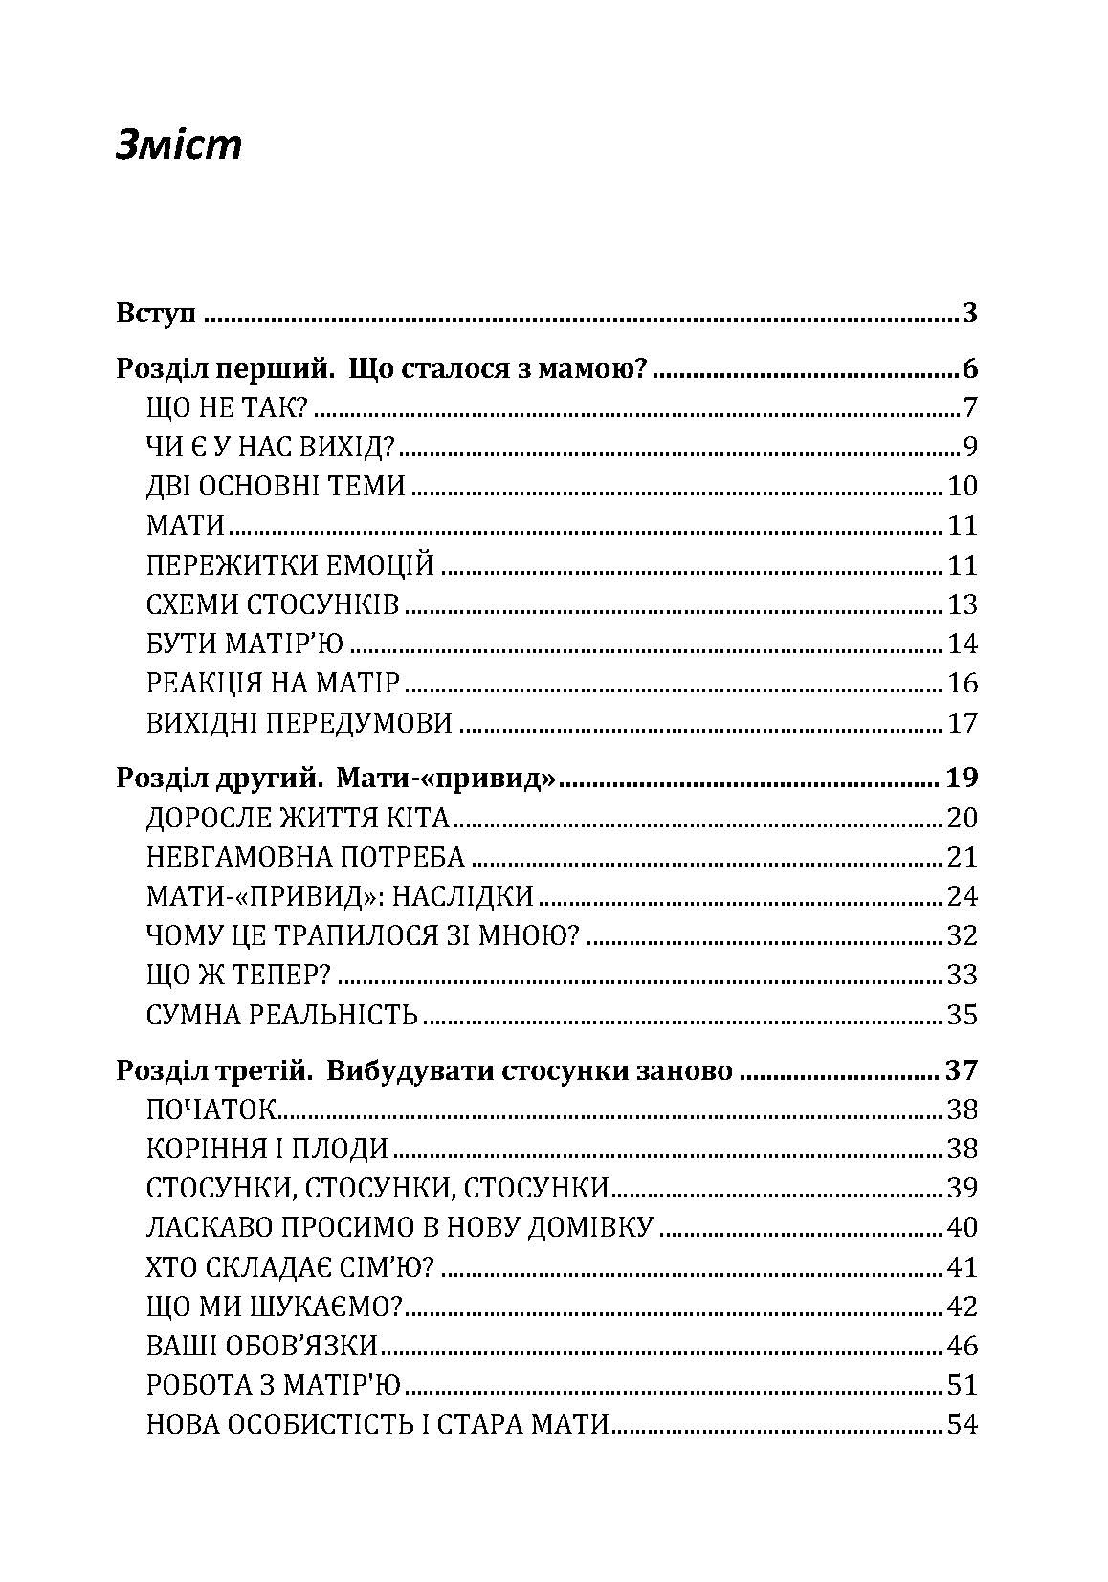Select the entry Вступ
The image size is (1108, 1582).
pos(155,313)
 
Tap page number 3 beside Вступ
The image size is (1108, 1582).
pos(968,313)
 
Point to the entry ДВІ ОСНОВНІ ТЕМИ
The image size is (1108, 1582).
pos(277,487)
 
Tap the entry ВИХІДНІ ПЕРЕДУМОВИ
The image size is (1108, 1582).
pos(299,722)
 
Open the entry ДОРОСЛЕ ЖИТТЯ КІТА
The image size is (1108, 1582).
pos(298,818)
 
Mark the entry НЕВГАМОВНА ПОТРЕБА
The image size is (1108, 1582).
pos(306,857)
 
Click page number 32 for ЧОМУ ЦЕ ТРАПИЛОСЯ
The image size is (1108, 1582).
pos(962,935)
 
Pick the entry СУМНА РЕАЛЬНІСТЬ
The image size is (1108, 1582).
pos(283,1014)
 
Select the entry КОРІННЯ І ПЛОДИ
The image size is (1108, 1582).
pos(268,1149)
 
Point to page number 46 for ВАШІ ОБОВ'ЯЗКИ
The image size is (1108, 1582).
pos(962,1346)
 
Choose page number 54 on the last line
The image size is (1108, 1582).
pos(962,1424)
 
